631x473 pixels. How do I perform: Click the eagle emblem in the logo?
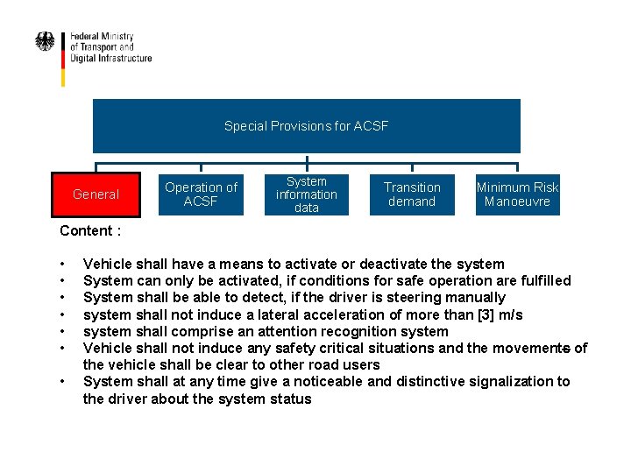pos(45,42)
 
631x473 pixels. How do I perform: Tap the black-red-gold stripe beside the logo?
pos(63,59)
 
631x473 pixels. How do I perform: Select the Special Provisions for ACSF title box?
pos(306,126)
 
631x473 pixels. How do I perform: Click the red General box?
pos(96,194)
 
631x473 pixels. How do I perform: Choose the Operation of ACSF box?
pos(201,194)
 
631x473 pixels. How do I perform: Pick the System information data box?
pos(307,194)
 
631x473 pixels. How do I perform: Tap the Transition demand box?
pos(412,194)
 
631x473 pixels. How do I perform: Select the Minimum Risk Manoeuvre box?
pos(517,194)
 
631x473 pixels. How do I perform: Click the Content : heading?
pos(90,231)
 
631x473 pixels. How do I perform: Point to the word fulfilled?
pos(542,281)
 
